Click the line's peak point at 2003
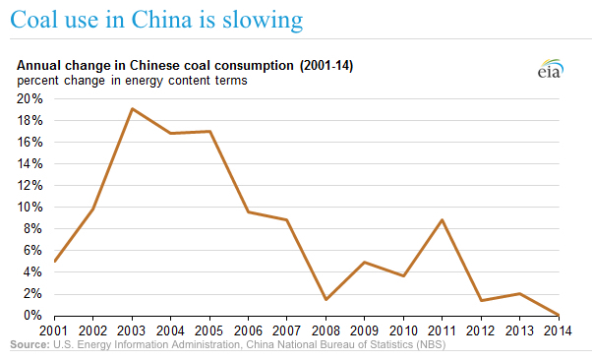(133, 108)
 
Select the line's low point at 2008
(325, 299)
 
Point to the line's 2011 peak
(441, 219)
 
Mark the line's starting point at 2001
(55, 261)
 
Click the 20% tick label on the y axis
(29, 98)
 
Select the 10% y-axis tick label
(29, 208)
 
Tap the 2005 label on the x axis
(209, 331)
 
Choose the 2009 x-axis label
(363, 331)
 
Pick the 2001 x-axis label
(56, 331)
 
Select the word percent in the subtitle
(36, 80)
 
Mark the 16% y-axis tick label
(29, 142)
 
